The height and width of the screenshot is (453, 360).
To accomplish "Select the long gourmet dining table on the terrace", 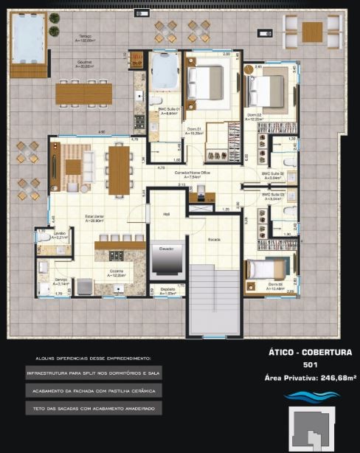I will click(x=83, y=93).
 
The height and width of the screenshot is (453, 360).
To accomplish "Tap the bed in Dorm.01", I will click(x=207, y=77).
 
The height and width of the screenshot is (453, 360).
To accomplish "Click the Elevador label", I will click(x=166, y=249).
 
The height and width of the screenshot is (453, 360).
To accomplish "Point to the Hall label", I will click(x=166, y=214).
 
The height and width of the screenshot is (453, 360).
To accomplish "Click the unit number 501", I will click(x=310, y=364).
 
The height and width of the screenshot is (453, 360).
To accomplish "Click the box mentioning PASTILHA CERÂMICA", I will click(x=93, y=390).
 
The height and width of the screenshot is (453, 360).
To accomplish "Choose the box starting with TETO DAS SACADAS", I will click(x=93, y=407).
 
